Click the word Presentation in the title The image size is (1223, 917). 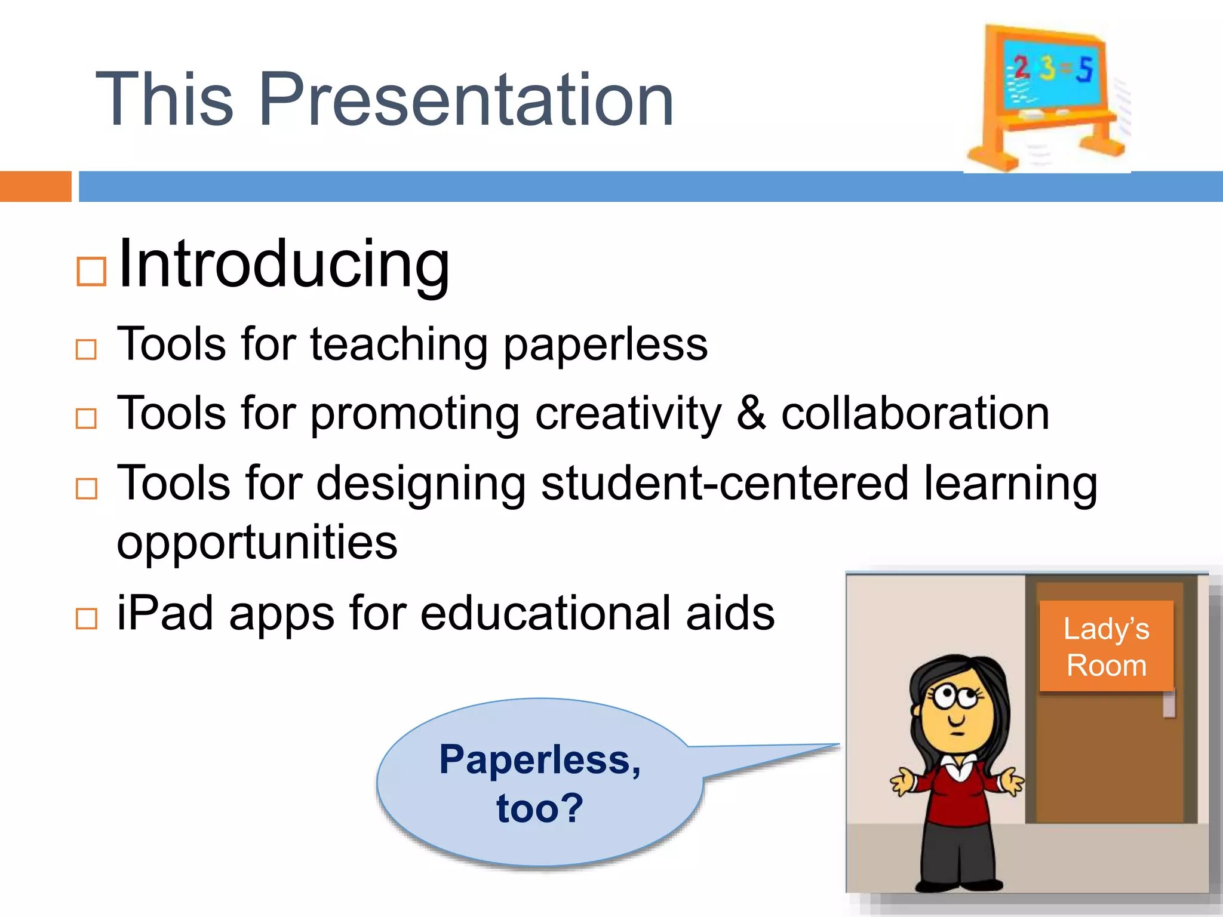[x=466, y=100]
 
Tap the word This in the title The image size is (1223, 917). [x=164, y=100]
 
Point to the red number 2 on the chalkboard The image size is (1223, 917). [x=1021, y=67]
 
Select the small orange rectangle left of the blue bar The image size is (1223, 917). [x=35, y=186]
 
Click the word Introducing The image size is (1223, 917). [x=284, y=264]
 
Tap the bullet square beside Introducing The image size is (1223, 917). [x=91, y=272]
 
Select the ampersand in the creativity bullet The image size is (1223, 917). [x=751, y=413]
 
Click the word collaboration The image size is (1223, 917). [x=915, y=413]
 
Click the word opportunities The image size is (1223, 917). [x=257, y=543]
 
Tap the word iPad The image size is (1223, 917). [x=165, y=614]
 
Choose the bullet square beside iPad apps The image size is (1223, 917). [x=87, y=619]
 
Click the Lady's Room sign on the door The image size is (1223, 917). [x=1106, y=647]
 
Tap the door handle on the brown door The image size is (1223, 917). [x=1169, y=704]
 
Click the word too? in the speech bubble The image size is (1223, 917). [x=539, y=808]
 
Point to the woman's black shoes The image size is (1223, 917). [x=959, y=884]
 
